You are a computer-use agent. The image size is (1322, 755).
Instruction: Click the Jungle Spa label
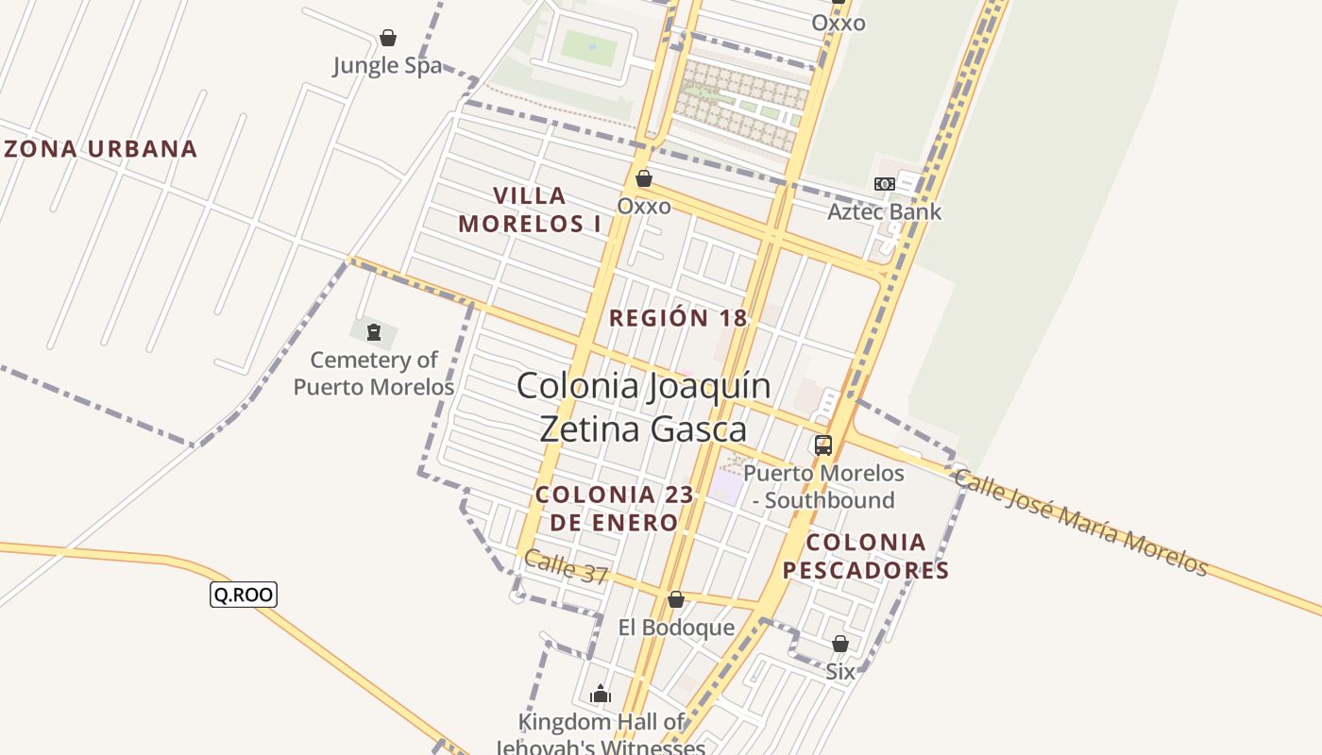pyautogui.click(x=387, y=66)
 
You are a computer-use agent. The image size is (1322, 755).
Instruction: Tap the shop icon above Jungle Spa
pyautogui.click(x=387, y=38)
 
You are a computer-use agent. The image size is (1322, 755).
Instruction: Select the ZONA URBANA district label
pyautogui.click(x=101, y=148)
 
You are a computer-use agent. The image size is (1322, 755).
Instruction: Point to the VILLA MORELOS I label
pyautogui.click(x=529, y=210)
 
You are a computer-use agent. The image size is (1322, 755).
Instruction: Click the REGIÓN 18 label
pyautogui.click(x=678, y=318)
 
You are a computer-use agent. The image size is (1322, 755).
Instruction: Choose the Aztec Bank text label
pyautogui.click(x=884, y=211)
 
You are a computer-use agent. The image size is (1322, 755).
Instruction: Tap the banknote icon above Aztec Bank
pyautogui.click(x=884, y=184)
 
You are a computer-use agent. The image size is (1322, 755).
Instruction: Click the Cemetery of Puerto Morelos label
pyautogui.click(x=374, y=373)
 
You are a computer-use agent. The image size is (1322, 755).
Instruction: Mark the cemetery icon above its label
pyautogui.click(x=373, y=332)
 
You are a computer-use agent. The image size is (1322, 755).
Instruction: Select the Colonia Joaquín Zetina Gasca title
pyautogui.click(x=643, y=407)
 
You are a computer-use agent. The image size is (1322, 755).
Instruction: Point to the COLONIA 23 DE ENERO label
pyautogui.click(x=615, y=508)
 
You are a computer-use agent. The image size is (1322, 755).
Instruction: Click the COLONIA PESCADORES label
pyautogui.click(x=866, y=556)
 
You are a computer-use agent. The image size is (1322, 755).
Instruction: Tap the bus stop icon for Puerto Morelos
pyautogui.click(x=823, y=445)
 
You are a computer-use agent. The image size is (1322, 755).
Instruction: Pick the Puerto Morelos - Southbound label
pyautogui.click(x=823, y=486)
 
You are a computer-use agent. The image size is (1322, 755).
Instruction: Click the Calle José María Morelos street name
pyautogui.click(x=1080, y=521)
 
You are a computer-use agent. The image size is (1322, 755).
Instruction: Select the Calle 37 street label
pyautogui.click(x=566, y=567)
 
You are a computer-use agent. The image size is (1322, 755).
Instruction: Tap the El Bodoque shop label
pyautogui.click(x=676, y=628)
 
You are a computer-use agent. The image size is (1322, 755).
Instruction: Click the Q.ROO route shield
pyautogui.click(x=244, y=594)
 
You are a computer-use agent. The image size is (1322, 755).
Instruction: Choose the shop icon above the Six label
pyautogui.click(x=839, y=645)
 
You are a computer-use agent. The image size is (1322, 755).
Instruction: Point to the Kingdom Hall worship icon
pyautogui.click(x=601, y=696)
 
